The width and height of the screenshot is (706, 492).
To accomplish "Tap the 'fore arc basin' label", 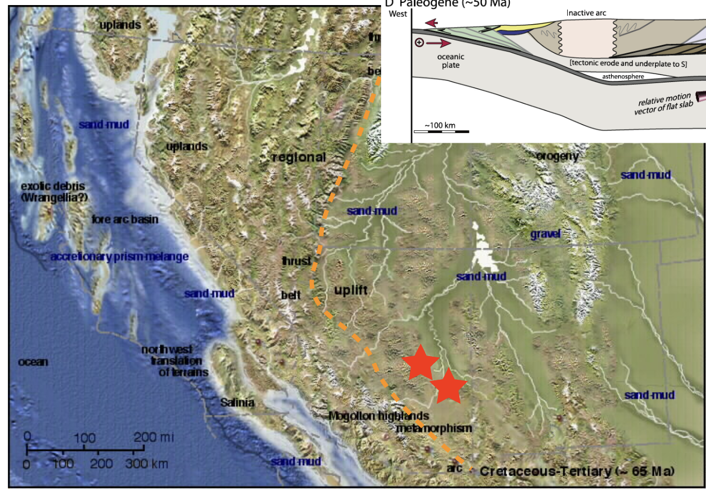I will (x=125, y=219).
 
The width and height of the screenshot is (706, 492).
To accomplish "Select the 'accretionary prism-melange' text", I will (x=119, y=257).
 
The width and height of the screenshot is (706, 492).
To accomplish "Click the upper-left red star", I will (x=419, y=363).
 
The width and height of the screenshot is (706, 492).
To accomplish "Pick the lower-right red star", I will (x=449, y=387).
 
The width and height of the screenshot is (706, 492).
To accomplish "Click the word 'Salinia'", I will (x=237, y=402).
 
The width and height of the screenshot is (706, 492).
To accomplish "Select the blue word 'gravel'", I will (x=545, y=234).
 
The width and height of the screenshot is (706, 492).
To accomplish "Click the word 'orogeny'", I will (x=557, y=156).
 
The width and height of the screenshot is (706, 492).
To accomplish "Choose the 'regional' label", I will (x=298, y=157).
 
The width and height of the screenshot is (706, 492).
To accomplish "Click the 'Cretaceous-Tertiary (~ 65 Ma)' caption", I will (x=577, y=471).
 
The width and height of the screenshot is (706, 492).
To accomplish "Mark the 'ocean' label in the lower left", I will (x=33, y=362).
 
